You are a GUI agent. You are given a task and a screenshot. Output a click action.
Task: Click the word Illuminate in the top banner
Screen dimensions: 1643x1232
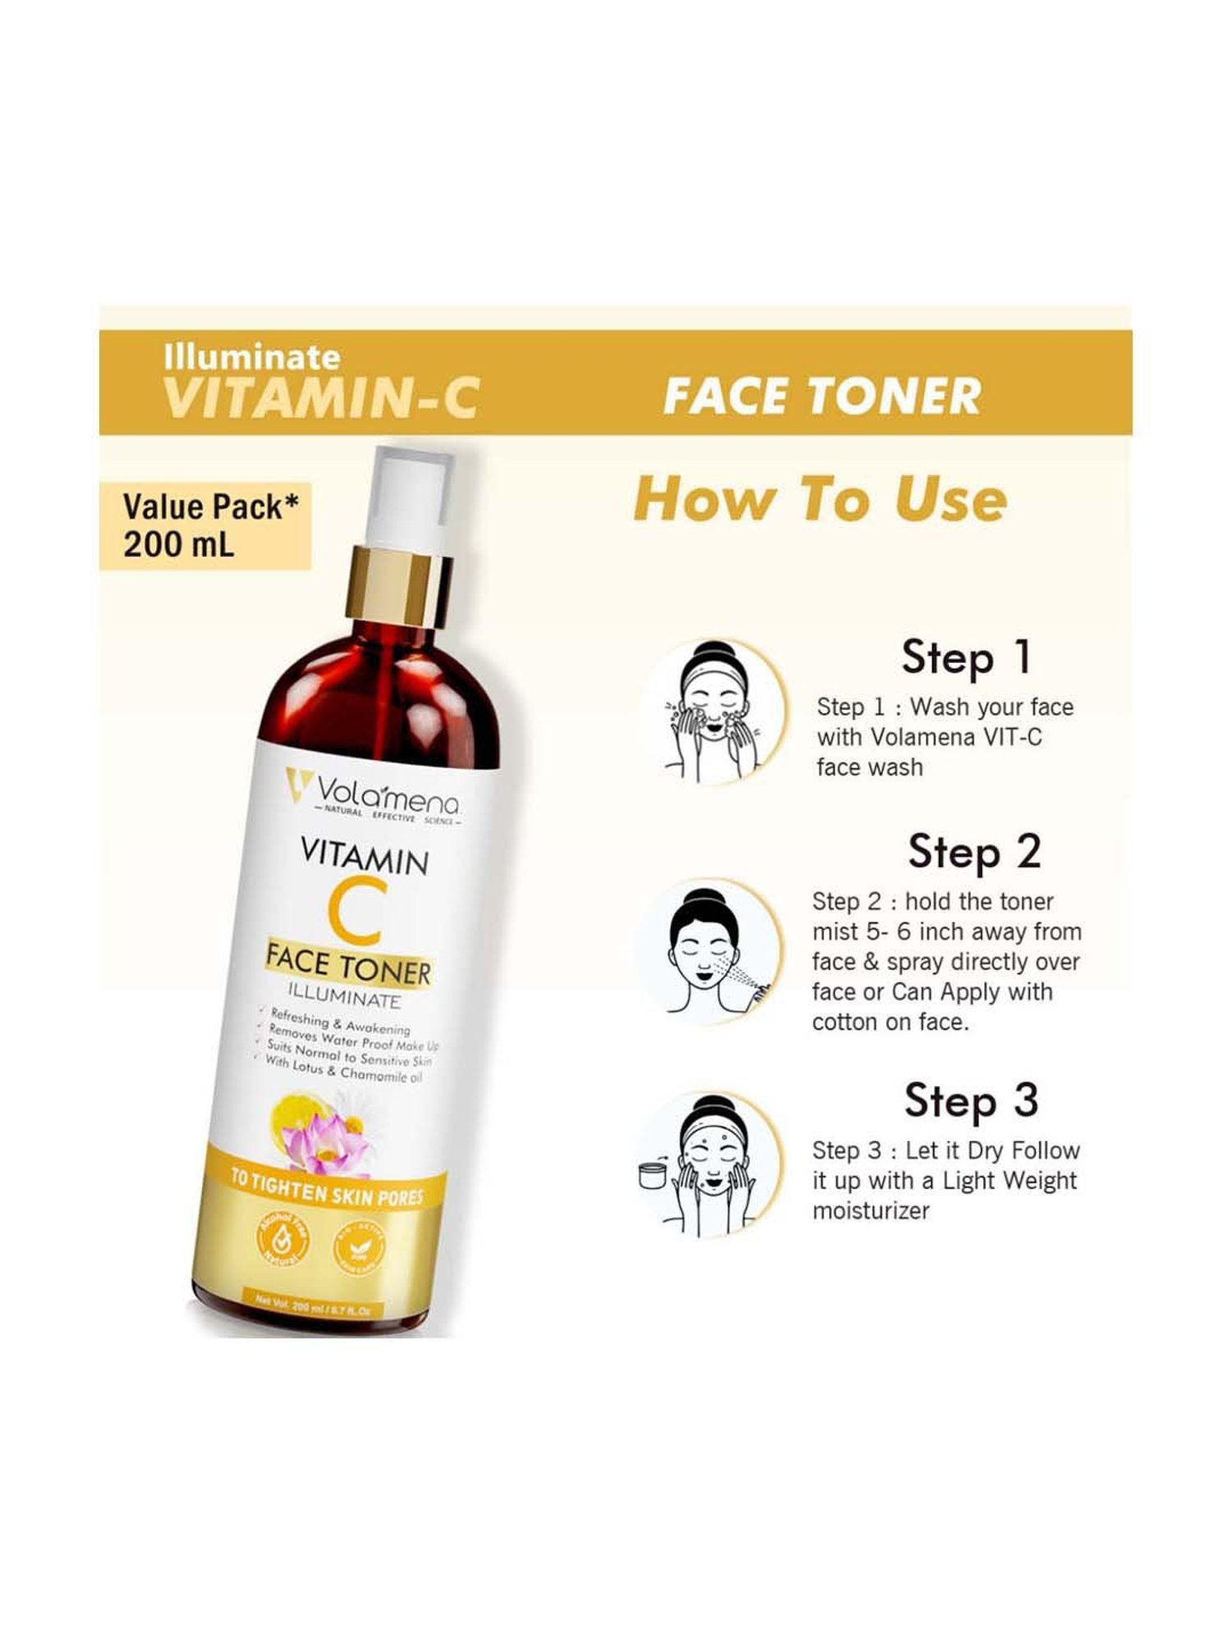pyautogui.click(x=251, y=357)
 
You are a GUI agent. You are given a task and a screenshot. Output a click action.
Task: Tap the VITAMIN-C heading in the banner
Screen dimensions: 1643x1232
pyautogui.click(x=320, y=398)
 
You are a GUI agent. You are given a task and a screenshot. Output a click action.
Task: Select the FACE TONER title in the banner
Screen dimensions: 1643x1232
pyautogui.click(x=821, y=396)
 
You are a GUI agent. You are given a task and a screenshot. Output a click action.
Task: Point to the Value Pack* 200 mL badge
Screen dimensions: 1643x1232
pyautogui.click(x=205, y=525)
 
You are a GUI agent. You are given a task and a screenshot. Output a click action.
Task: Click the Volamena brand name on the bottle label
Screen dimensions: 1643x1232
pyautogui.click(x=387, y=794)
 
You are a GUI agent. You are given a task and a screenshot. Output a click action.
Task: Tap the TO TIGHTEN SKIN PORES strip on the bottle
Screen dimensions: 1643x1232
pyautogui.click(x=327, y=1192)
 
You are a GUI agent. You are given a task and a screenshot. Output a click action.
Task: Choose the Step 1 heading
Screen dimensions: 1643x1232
pyautogui.click(x=965, y=658)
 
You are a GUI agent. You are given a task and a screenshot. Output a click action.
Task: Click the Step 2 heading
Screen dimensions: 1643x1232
pyautogui.click(x=974, y=852)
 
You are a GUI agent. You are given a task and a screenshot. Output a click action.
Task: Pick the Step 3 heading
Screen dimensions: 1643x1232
pyautogui.click(x=971, y=1102)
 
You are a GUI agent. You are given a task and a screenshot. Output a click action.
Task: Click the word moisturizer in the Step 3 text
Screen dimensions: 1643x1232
pyautogui.click(x=871, y=1211)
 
